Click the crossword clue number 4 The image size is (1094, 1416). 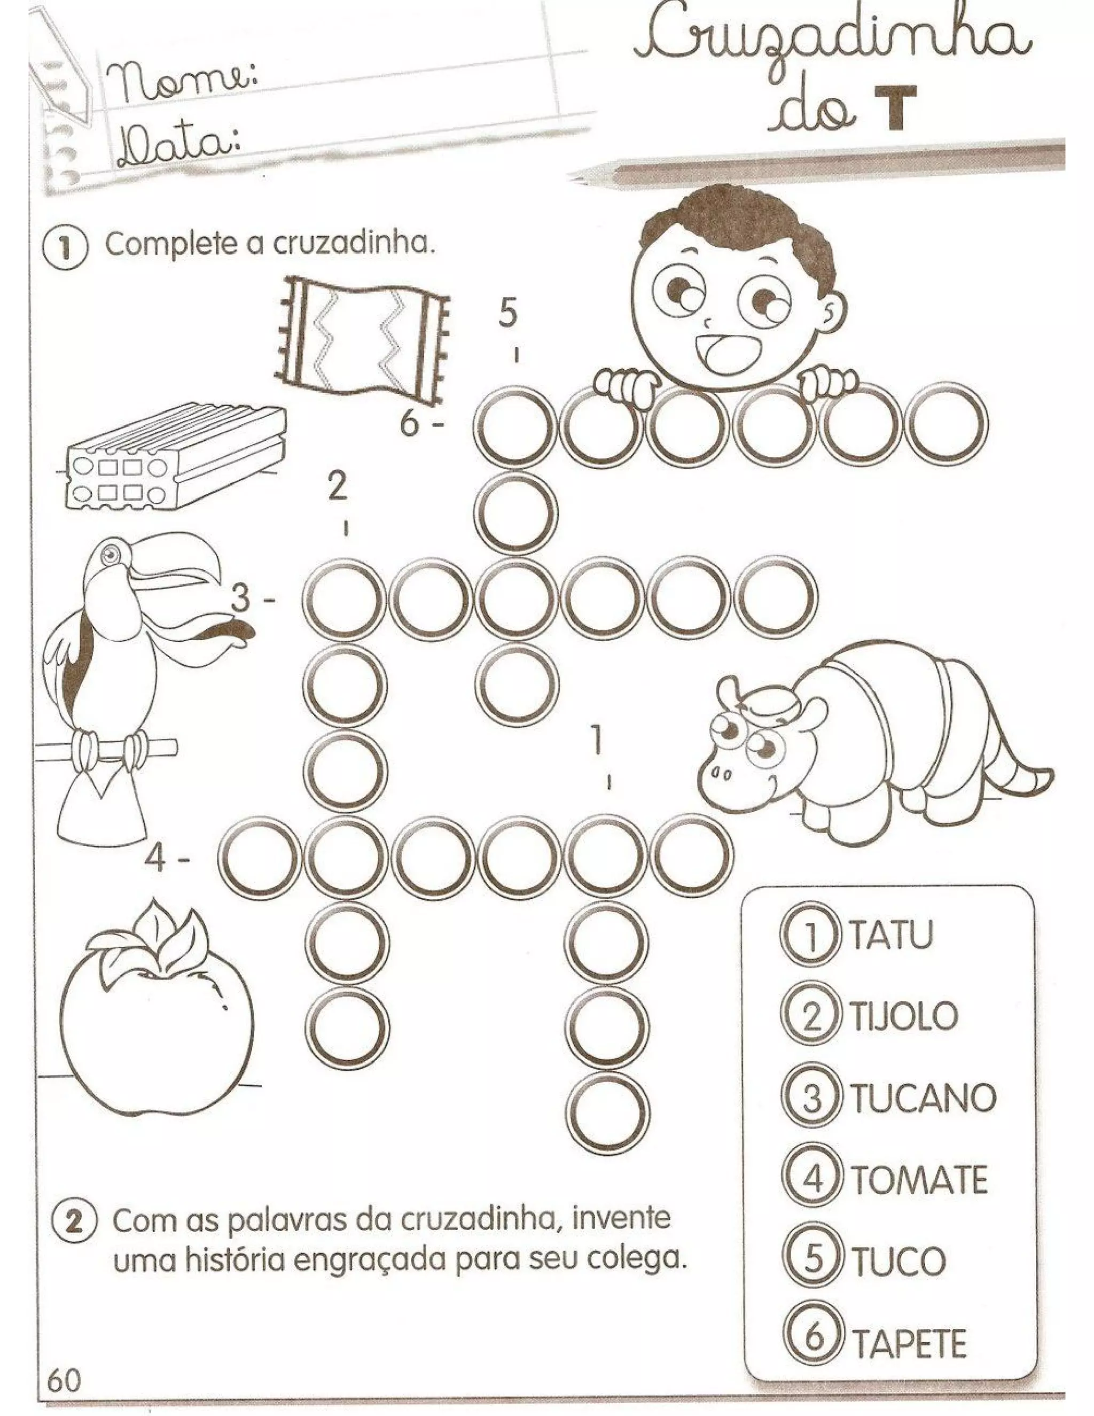tap(158, 860)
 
